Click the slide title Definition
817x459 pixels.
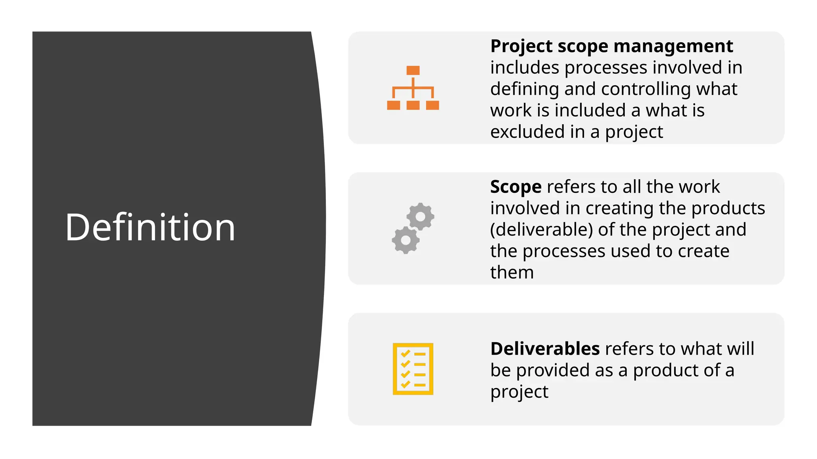(150, 227)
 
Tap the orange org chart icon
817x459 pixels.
(413, 88)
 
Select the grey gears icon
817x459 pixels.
(413, 228)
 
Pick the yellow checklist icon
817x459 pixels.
(413, 369)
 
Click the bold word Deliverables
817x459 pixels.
(545, 349)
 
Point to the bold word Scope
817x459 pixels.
(516, 187)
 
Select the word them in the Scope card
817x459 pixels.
(512, 273)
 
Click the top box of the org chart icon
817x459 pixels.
(413, 71)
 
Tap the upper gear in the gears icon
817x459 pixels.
(420, 216)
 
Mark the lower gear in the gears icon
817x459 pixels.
(406, 240)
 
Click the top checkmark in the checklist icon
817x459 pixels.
(405, 353)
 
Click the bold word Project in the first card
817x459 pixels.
(521, 46)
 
